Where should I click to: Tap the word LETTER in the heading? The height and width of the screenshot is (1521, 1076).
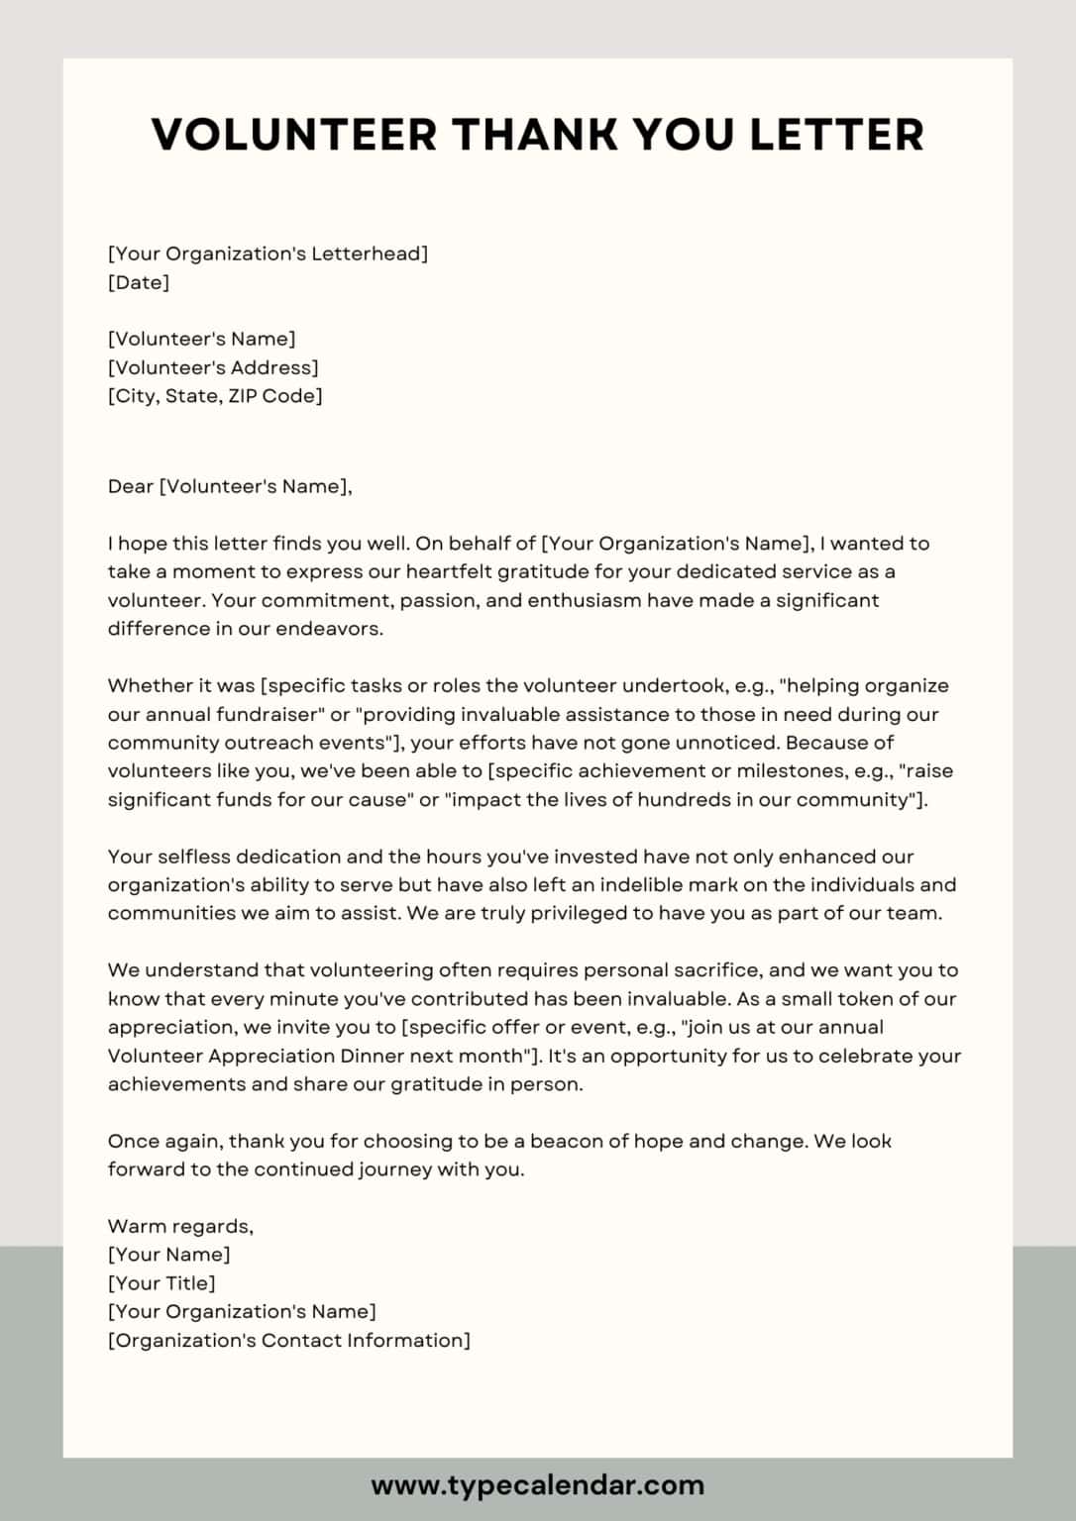(837, 135)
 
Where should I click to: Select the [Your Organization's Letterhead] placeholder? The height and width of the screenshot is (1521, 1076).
(268, 253)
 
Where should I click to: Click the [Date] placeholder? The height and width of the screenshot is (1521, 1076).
(139, 282)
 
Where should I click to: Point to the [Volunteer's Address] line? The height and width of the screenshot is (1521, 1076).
(213, 367)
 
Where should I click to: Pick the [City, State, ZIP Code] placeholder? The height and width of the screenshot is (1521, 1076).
(215, 396)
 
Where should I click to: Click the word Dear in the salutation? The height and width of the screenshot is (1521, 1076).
(131, 486)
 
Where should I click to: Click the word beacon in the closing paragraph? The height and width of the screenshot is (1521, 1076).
(566, 1141)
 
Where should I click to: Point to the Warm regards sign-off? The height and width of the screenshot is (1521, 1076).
(180, 1226)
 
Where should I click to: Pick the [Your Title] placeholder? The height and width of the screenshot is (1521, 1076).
(161, 1283)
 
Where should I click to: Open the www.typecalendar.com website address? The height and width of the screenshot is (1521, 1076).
(538, 1485)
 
